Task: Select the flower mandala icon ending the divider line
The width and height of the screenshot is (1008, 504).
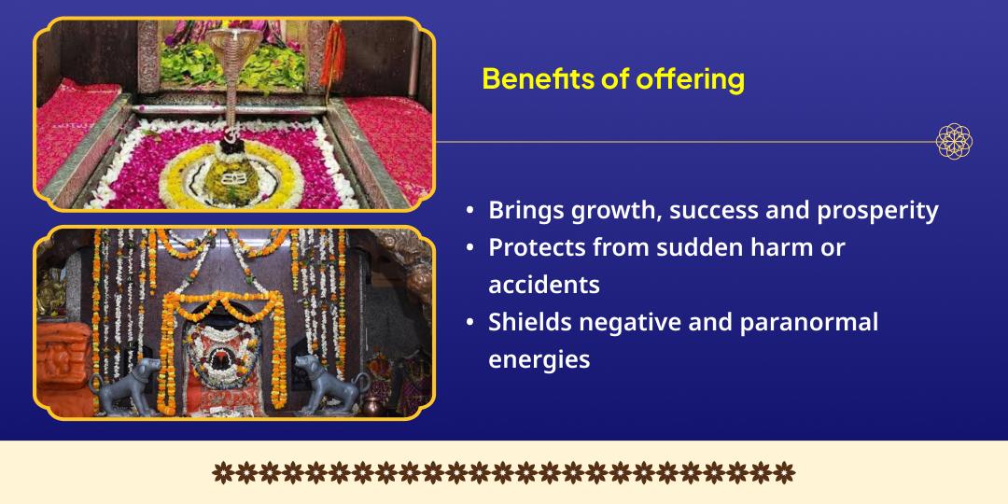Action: coord(954,142)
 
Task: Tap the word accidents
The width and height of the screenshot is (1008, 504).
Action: coord(544,284)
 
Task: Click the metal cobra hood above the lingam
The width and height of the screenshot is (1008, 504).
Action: coord(233,45)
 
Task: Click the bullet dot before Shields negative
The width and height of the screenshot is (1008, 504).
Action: coord(470,322)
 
